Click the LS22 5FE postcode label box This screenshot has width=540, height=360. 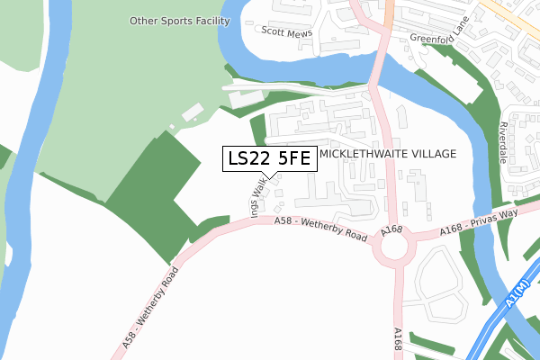pos(269,159)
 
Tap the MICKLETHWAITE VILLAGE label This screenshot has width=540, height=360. pos(389,154)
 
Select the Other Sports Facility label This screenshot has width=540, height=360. pos(179,21)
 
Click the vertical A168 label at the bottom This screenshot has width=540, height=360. pos(398,340)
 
